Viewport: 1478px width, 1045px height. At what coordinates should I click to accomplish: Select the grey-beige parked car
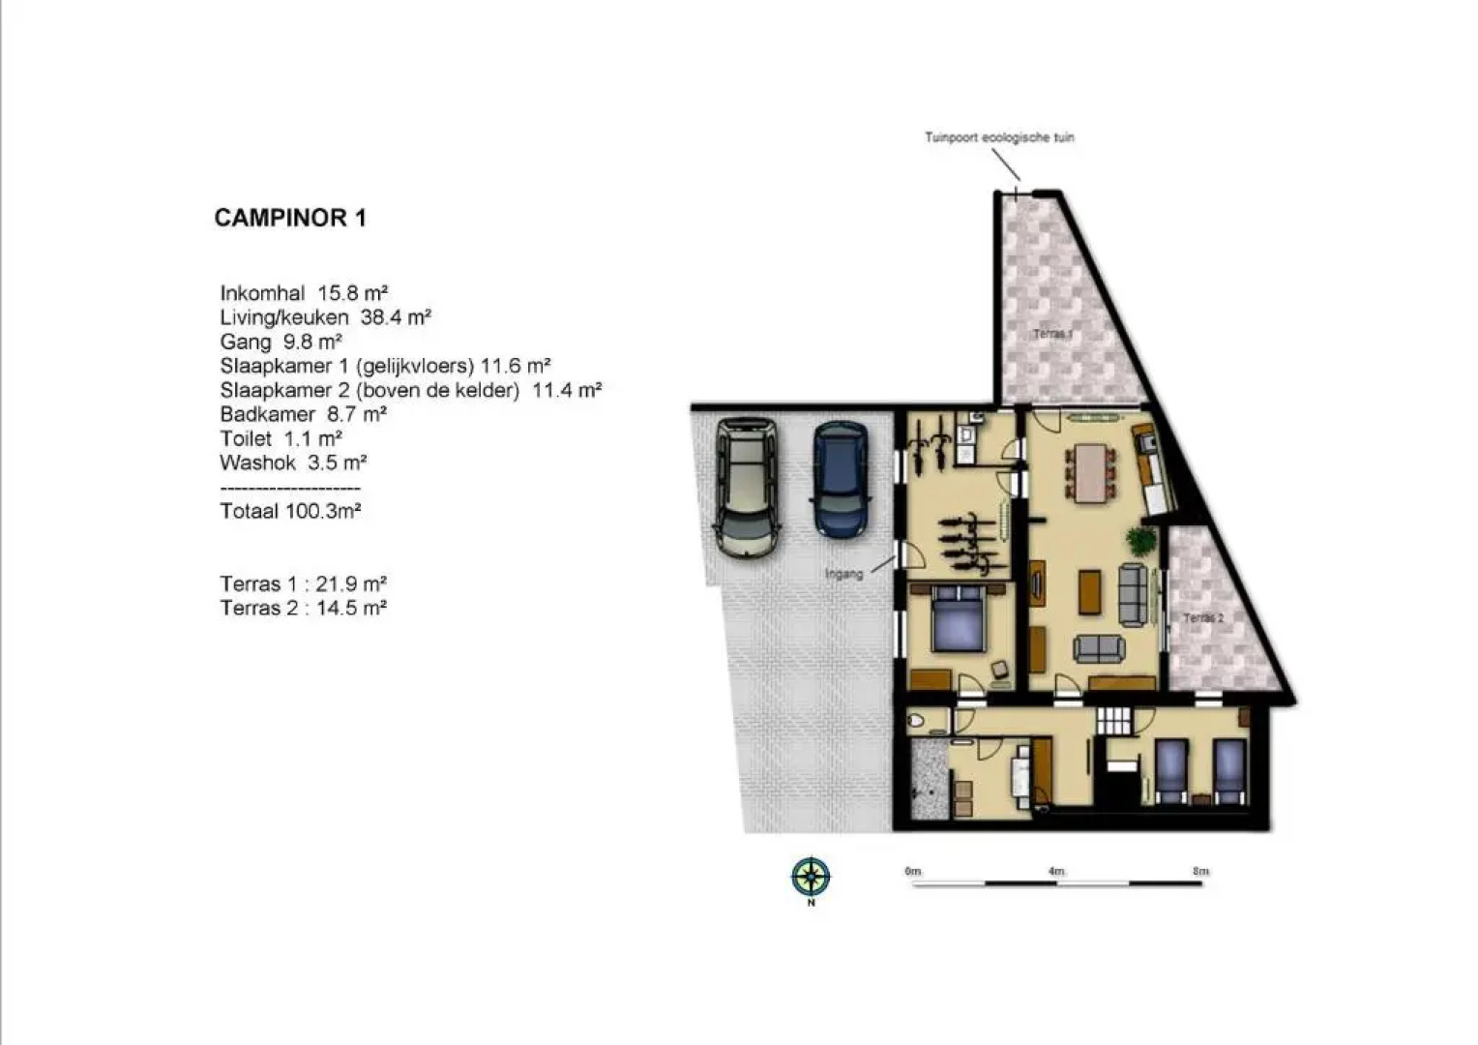coord(745,486)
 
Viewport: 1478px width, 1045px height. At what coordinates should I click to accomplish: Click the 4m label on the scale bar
coord(1055,871)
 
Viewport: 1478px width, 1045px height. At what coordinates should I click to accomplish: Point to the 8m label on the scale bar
coord(1200,871)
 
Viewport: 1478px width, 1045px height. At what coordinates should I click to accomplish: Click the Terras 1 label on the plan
coord(1052,334)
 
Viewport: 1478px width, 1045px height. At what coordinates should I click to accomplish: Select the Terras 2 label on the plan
coord(1203,617)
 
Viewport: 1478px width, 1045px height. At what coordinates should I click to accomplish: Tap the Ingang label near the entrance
coord(843,574)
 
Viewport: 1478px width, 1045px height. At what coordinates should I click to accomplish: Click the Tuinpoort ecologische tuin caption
coord(999,137)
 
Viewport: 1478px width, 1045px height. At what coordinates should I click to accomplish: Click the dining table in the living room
coord(1091,471)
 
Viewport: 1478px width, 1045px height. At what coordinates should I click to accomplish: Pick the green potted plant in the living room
coord(1140,540)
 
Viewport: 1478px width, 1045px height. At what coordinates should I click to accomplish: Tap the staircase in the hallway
coord(1113,721)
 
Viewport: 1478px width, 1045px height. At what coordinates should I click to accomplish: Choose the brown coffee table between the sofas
coord(1089,592)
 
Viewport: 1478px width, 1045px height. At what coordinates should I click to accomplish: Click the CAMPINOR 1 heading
coord(290,218)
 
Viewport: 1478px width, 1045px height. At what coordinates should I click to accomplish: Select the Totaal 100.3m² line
coord(290,511)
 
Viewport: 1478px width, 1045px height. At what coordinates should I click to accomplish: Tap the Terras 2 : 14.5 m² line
coord(303,608)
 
